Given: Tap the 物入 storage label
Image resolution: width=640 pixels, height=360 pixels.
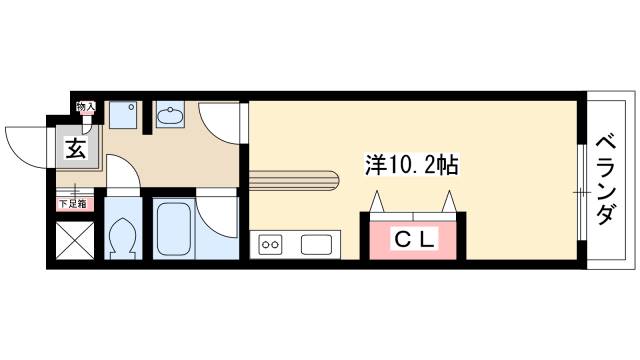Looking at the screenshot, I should point(86,106).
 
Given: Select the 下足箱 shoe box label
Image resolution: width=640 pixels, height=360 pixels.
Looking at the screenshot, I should point(71,204).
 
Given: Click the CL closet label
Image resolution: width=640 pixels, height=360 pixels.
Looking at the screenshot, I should point(412,239).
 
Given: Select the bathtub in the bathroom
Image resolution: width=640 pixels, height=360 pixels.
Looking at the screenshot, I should point(173,229).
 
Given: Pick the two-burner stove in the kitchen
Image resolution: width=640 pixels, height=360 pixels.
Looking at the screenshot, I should point(270,243).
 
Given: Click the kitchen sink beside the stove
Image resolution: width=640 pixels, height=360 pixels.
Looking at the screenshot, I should point(317,244).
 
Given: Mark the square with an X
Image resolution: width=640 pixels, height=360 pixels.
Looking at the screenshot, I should point(72,241).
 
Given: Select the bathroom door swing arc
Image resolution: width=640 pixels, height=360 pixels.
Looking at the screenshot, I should point(215,212).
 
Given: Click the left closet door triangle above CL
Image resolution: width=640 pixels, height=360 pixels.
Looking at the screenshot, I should point(378,203).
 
